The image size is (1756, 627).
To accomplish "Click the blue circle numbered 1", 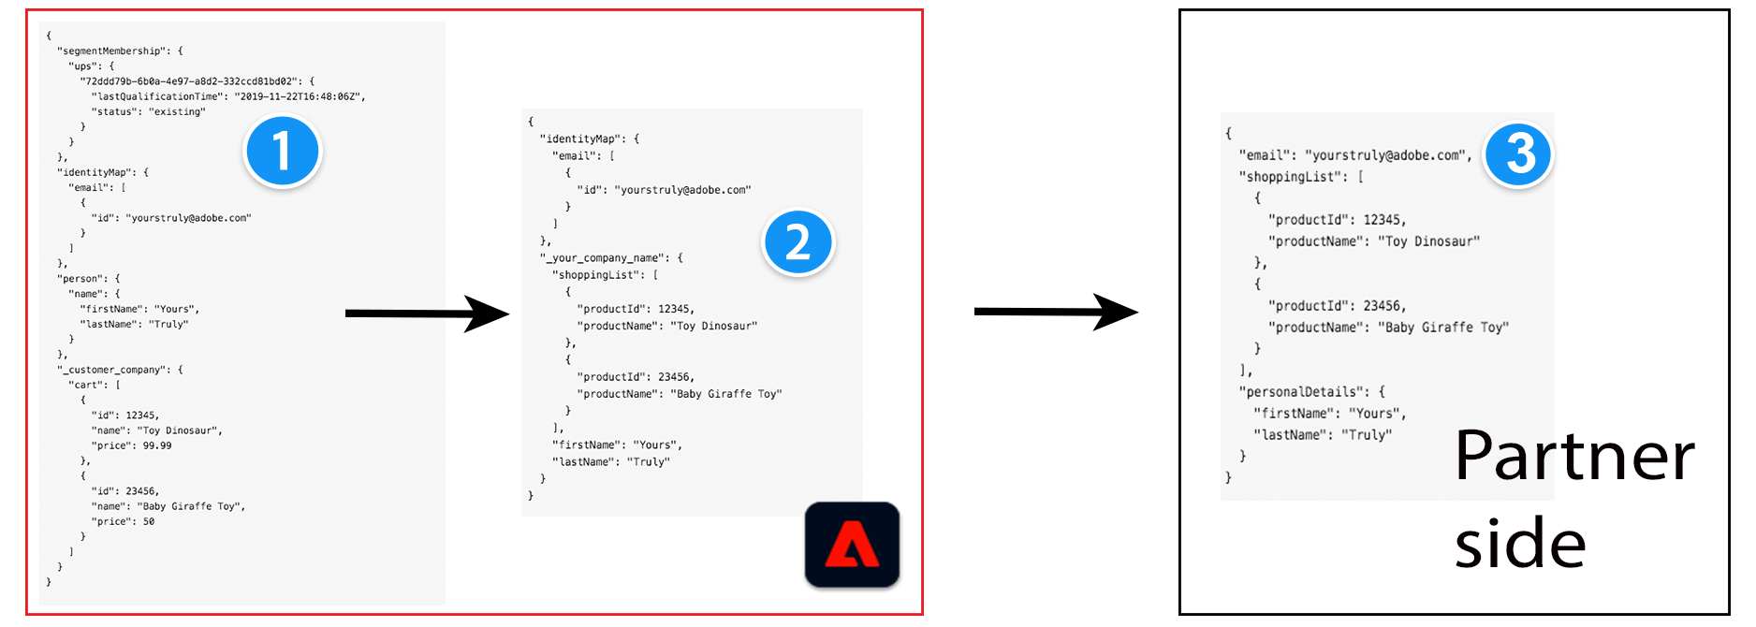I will pos(282,152).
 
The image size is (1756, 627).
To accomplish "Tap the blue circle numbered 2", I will pos(798,243).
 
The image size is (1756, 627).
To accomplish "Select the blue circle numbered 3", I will pos(1518,154).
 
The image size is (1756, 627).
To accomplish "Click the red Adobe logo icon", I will pos(852,545).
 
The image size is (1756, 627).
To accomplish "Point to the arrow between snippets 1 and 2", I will pos(427,313).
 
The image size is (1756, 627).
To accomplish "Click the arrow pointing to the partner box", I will pos(1055,312).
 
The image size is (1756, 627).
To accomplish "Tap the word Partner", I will pos(1574,457).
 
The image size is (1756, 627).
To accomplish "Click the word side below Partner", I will pos(1520,545).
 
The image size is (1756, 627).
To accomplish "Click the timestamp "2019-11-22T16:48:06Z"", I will pos(300,96).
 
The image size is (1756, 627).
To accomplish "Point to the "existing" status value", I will pos(177,112).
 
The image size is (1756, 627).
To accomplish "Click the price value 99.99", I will pos(157,445).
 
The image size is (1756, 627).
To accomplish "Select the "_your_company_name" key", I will pos(606,257).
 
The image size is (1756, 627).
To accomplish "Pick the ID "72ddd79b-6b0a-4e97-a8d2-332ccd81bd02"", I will pos(190,81).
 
